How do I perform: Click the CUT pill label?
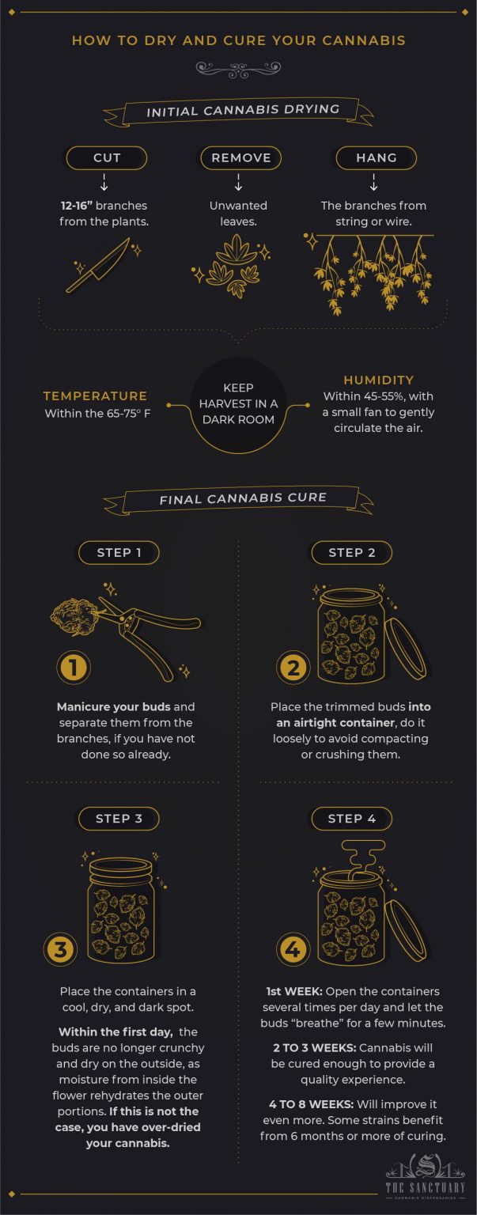click(107, 157)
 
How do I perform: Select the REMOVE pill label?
click(240, 157)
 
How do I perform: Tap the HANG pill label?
click(376, 157)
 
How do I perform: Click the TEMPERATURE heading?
click(95, 396)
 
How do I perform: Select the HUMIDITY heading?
click(378, 380)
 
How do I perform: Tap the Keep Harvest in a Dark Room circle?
click(238, 405)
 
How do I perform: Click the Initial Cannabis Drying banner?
click(242, 112)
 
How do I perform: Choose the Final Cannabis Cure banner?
click(242, 499)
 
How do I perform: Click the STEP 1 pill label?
click(119, 552)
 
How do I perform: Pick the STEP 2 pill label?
click(352, 552)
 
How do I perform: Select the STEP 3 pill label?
click(119, 818)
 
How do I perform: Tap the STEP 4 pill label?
click(352, 818)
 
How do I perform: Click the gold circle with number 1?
click(74, 668)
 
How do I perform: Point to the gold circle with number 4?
click(293, 948)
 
